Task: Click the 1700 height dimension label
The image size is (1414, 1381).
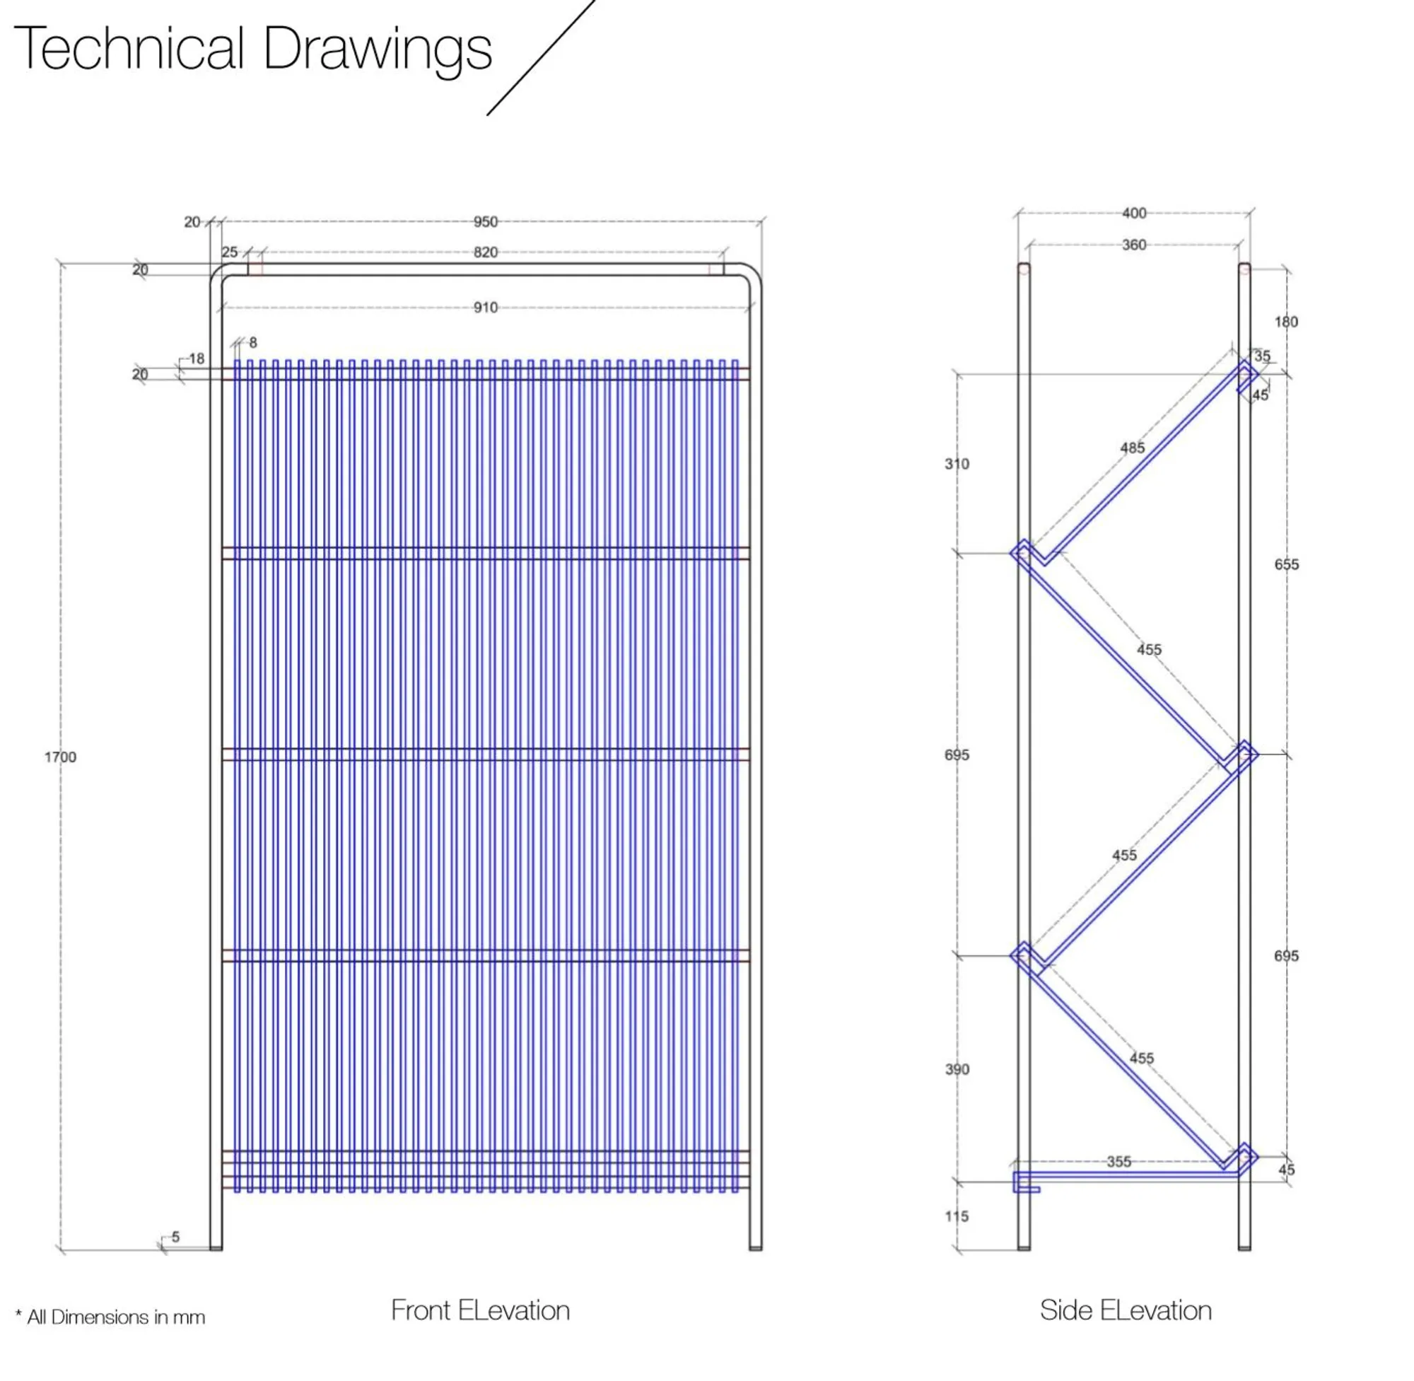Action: coord(60,757)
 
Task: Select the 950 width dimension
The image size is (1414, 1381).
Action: coord(486,222)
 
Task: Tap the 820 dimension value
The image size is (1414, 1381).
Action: coord(486,252)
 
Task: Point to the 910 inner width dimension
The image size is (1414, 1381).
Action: coord(486,308)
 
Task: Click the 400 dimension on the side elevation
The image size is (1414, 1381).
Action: coord(1134,214)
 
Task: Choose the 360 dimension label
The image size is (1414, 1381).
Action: coord(1134,245)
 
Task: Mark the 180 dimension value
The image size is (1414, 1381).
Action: coord(1286,322)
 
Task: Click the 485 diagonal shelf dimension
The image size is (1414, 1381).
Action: coord(1133,448)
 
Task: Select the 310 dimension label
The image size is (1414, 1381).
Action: coord(957,464)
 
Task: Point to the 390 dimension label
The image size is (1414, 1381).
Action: coord(957,1069)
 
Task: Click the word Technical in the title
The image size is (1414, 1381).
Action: coord(129,49)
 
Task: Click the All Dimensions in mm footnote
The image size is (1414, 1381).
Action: coord(110,1317)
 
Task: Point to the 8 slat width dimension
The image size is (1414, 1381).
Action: coord(253,342)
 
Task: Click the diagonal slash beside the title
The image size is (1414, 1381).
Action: coord(541,57)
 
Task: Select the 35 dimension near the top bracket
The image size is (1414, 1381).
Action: coord(1263,356)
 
